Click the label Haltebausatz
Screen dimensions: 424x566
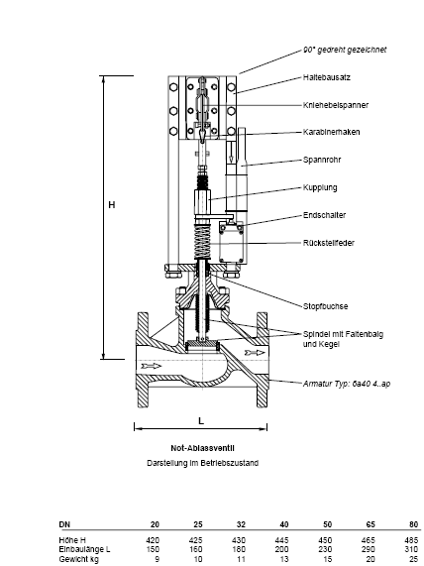coord(327,77)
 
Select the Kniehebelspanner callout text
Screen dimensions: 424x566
coord(336,105)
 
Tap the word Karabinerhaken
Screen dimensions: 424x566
coord(331,132)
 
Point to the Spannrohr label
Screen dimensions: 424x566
coord(322,160)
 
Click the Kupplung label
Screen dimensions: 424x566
coord(320,187)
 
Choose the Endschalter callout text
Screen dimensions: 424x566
coord(324,215)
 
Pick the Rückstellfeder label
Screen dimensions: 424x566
coord(329,243)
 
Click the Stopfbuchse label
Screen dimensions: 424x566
coord(326,306)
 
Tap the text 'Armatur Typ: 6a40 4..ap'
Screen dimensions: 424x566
coord(347,384)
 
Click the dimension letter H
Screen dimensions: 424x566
coord(112,205)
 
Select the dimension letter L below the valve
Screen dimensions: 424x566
coord(201,421)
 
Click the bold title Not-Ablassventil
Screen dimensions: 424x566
coord(202,448)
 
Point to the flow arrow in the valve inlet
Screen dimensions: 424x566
coord(152,367)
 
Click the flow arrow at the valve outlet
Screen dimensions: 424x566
coord(255,353)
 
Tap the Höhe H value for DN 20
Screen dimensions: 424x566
coord(153,540)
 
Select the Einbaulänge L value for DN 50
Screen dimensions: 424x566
coord(325,549)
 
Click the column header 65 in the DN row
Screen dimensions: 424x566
coord(371,524)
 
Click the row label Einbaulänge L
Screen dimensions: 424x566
coord(85,549)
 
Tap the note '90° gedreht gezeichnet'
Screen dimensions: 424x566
coord(345,50)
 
